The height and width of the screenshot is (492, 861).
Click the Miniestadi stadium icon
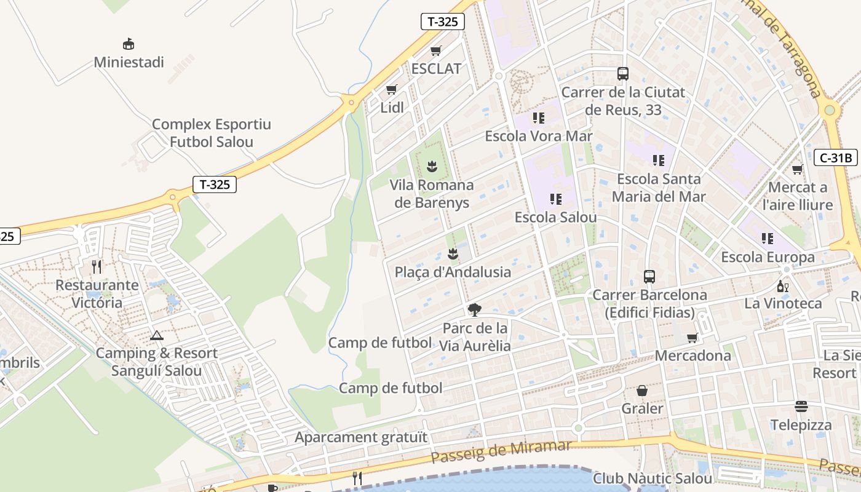(x=129, y=44)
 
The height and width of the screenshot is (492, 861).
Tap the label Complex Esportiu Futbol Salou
(x=212, y=133)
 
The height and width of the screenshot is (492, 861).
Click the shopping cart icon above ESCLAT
(x=436, y=51)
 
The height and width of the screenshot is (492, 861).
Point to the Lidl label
(x=392, y=108)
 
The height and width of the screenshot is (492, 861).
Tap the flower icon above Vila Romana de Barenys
(x=432, y=166)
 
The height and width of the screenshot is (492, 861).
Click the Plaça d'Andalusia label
(x=453, y=272)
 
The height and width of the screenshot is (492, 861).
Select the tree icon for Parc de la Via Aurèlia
(x=474, y=309)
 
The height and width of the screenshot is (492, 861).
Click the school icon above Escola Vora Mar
(x=539, y=117)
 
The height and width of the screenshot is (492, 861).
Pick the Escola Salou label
(x=555, y=218)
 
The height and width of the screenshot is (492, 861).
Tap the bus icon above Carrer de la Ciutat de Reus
(x=623, y=74)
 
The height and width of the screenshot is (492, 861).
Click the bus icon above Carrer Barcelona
(x=649, y=276)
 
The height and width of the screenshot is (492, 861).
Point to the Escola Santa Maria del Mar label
(x=659, y=188)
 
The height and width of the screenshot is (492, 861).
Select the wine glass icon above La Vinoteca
(x=783, y=286)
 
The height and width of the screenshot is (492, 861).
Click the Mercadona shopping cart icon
(x=692, y=338)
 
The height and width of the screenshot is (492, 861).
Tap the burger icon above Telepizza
(x=801, y=407)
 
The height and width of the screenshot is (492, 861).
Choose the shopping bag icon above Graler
(x=642, y=391)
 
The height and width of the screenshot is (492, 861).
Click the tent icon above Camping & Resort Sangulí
(x=157, y=336)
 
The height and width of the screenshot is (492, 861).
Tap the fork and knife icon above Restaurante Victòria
(x=97, y=267)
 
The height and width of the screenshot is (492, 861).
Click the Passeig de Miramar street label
(x=501, y=453)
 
